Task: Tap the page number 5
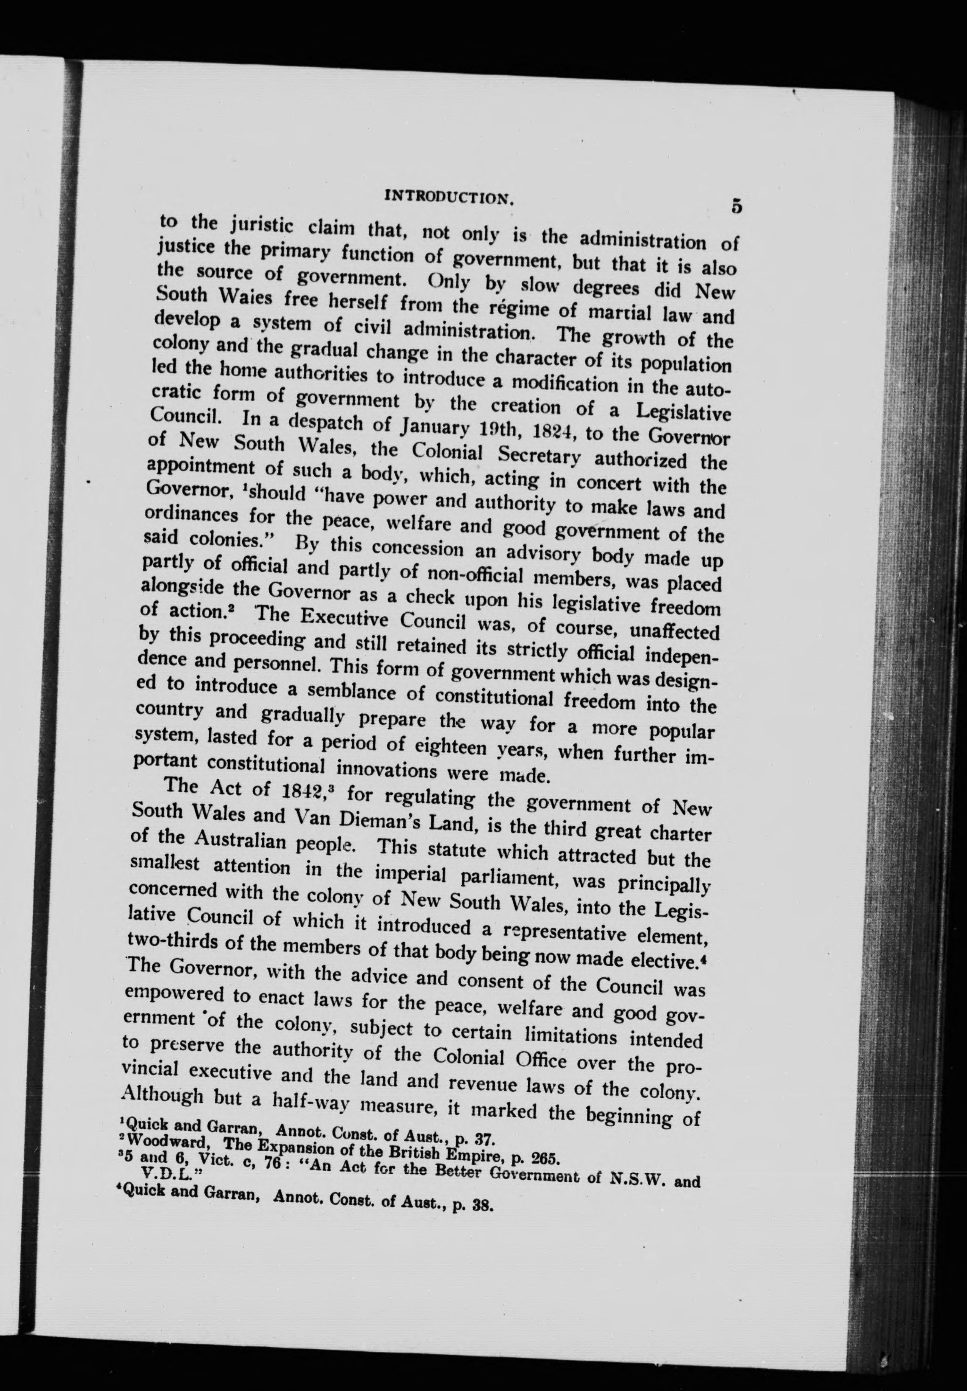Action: click(x=736, y=206)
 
